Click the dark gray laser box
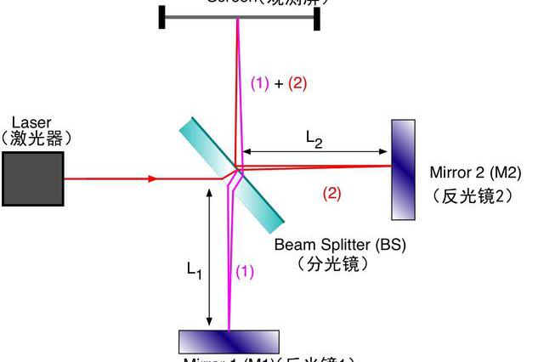coord(32,179)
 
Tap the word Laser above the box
coord(31,122)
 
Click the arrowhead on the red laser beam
coord(151,178)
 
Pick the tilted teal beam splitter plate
coord(229,175)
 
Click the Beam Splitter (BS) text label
coord(340,245)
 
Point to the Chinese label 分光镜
coord(332,264)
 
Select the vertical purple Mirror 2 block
coord(404,169)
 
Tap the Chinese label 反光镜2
coord(473,195)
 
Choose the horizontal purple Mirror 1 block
coord(229,341)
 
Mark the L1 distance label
coord(195,270)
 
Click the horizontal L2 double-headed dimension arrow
coord(314,152)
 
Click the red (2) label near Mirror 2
coord(331,193)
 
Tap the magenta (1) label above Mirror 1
coord(244,272)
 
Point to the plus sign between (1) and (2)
coord(278,83)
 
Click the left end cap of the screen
coord(161,15)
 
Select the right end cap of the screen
coord(316,15)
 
